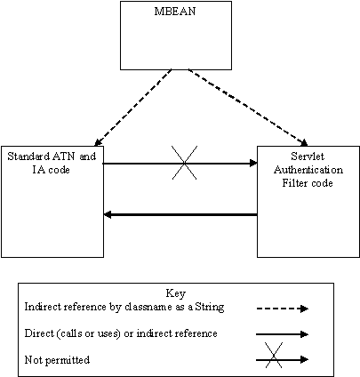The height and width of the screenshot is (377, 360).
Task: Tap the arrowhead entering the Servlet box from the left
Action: (252, 163)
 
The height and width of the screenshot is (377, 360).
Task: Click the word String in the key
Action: (200, 306)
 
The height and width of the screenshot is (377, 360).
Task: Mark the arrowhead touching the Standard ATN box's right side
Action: (109, 214)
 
